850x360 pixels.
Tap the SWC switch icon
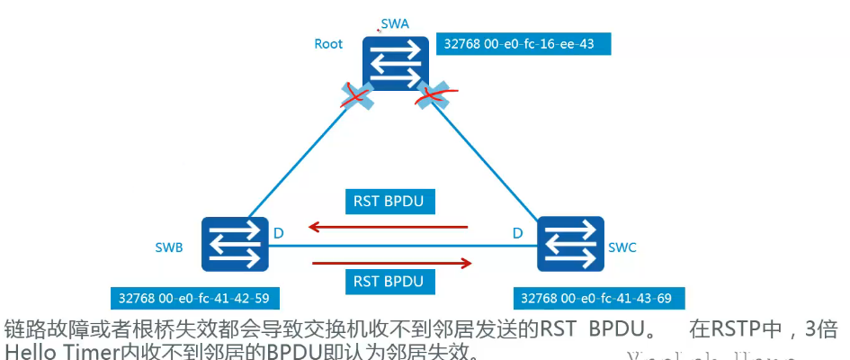point(569,243)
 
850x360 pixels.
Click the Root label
point(328,43)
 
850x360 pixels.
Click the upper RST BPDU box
point(390,202)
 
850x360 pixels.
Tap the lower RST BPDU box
point(390,282)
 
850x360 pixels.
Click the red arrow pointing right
point(392,263)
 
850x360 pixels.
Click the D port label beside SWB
point(279,233)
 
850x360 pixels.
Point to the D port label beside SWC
point(518,233)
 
